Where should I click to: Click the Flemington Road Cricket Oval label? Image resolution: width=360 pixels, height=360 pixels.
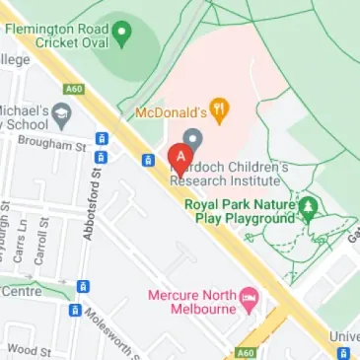pyautogui.click(x=55, y=36)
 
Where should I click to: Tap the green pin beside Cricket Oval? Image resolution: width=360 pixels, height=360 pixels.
pyautogui.click(x=121, y=36)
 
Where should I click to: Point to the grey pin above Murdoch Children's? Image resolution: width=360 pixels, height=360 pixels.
pyautogui.click(x=193, y=140)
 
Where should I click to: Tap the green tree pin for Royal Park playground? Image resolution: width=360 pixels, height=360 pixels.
pyautogui.click(x=310, y=207)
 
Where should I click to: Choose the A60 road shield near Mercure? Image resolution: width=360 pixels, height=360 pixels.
pyautogui.click(x=246, y=352)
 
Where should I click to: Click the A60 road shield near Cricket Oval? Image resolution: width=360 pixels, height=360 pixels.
pyautogui.click(x=75, y=88)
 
